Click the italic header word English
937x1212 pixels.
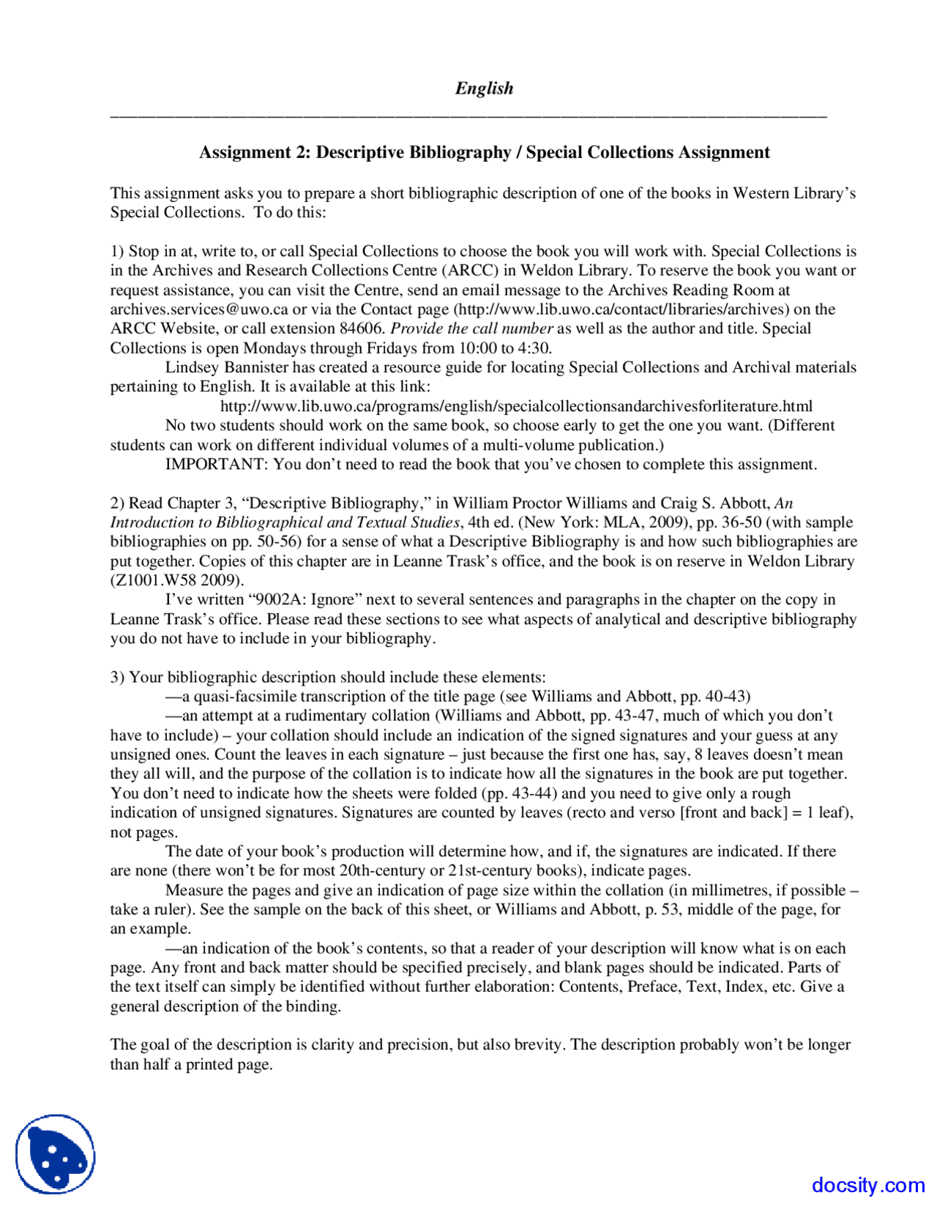[x=484, y=89]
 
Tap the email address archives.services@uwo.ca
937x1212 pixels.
[x=199, y=310]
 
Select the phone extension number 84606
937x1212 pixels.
[x=362, y=329]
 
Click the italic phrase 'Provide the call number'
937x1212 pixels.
[x=471, y=329]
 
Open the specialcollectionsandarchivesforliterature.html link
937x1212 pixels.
[x=516, y=406]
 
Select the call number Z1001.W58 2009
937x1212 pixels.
[x=176, y=580]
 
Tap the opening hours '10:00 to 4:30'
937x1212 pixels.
[x=504, y=348]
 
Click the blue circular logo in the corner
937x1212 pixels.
[x=56, y=1154]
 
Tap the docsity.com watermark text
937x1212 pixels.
[x=868, y=1185]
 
